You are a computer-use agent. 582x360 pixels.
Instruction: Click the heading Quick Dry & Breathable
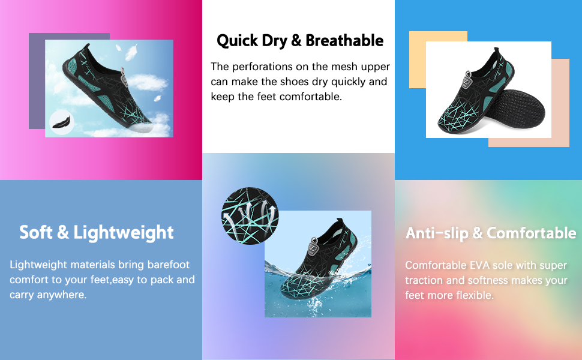click(x=300, y=41)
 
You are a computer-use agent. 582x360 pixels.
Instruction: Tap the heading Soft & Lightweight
click(x=97, y=233)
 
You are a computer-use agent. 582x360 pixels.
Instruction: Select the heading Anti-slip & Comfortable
click(x=491, y=233)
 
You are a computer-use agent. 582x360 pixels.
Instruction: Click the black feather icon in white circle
click(x=62, y=122)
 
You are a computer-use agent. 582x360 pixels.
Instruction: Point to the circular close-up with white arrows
click(x=250, y=215)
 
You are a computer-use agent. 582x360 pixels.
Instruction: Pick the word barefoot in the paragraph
click(x=169, y=265)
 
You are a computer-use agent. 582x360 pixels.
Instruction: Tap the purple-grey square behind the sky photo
click(x=37, y=81)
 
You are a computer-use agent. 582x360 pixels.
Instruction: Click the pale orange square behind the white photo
click(x=418, y=59)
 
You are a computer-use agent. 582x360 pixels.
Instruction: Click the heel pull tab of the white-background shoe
click(x=496, y=51)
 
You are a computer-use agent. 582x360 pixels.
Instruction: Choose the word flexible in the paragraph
click(x=475, y=295)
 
